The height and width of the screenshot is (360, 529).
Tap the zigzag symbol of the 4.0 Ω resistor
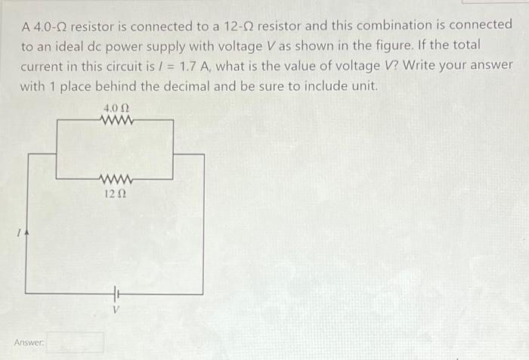tap(116, 120)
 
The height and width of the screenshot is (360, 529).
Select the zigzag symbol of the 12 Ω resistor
tap(116, 180)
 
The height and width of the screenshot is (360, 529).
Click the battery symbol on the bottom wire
tap(116, 293)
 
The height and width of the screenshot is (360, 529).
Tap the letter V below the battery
tap(116, 309)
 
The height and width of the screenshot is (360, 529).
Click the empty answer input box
tap(75, 343)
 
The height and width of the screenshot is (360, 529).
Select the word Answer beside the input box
tap(29, 343)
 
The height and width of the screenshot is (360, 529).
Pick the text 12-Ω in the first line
tap(240, 25)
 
